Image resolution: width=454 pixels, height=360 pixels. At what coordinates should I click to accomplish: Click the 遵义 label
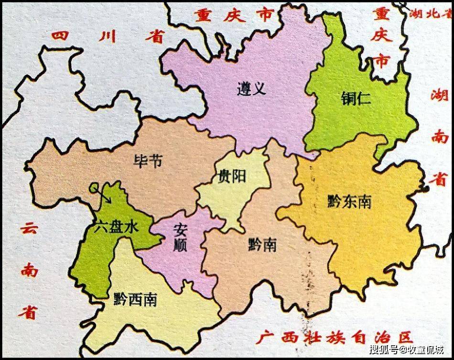(251, 88)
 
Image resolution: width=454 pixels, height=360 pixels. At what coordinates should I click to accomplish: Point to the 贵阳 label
(232, 176)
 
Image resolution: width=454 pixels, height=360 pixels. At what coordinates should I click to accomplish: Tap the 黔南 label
(262, 246)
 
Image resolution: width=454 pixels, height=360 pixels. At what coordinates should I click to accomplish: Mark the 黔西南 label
(136, 300)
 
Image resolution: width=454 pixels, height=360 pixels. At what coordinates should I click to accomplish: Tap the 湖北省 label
(429, 13)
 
